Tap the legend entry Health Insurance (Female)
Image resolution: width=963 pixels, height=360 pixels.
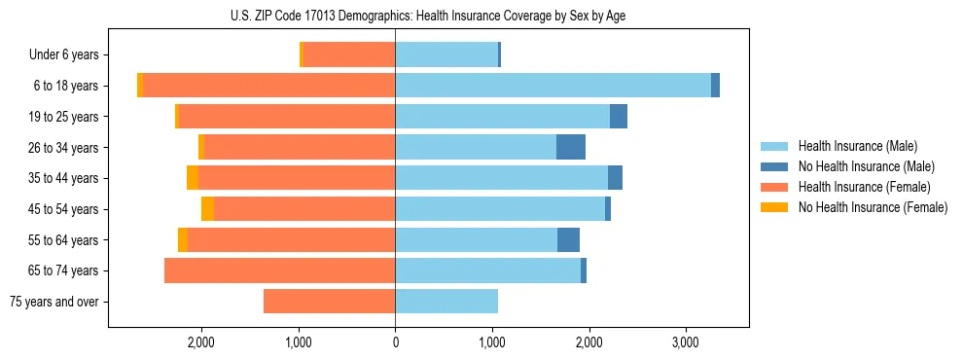864,187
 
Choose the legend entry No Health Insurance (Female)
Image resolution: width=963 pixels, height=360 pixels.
873,207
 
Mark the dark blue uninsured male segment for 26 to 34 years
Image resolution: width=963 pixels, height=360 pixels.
571,147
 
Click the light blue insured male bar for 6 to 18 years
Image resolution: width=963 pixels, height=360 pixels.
553,86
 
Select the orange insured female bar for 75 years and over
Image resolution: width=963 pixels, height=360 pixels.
329,302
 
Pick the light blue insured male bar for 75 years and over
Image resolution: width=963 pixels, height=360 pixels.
446,302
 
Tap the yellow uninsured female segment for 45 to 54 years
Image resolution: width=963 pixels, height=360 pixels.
208,209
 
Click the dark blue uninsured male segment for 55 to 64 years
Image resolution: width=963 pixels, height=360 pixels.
568,240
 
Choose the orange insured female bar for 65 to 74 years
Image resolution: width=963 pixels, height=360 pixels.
280,270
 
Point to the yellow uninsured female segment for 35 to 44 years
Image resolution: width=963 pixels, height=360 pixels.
193,178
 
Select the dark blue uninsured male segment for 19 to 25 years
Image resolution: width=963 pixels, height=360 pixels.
619,117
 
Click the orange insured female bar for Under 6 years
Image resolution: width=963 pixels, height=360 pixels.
349,55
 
